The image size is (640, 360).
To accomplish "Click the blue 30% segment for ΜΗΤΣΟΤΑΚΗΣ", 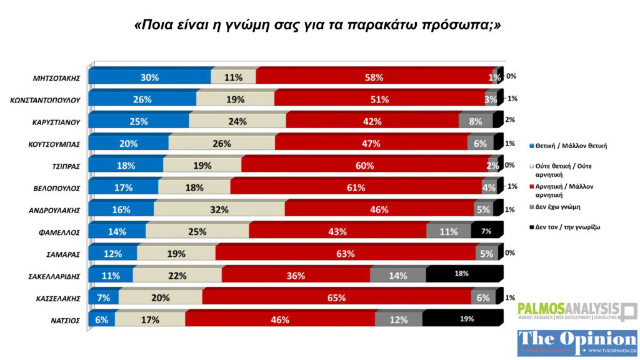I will point(150,77).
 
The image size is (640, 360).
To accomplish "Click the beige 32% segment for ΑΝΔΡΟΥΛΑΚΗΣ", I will point(218,209).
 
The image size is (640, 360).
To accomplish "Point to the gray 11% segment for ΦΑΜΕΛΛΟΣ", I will point(448,232).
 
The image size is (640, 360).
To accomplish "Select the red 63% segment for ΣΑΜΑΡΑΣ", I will point(345,254).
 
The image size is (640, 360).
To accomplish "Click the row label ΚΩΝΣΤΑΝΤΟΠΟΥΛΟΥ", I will point(47,99).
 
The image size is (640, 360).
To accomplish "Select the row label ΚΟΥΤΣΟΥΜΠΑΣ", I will point(56,144).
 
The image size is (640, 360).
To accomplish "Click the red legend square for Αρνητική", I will point(531,186).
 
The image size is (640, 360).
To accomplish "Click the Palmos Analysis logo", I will point(577,311).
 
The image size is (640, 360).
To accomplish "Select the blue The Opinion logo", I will point(577,342).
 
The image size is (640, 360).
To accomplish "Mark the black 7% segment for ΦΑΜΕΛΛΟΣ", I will point(486,232).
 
